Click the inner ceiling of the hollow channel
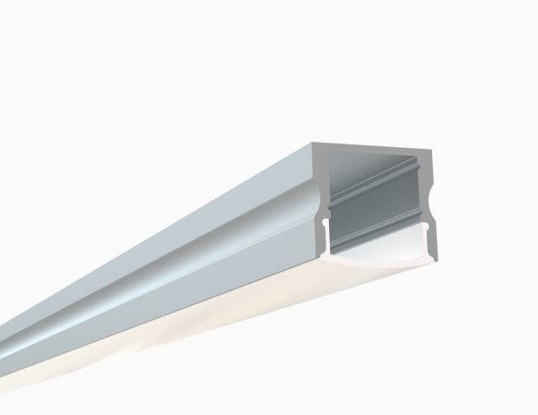[x=377, y=161]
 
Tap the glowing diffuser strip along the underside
[x=179, y=341]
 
